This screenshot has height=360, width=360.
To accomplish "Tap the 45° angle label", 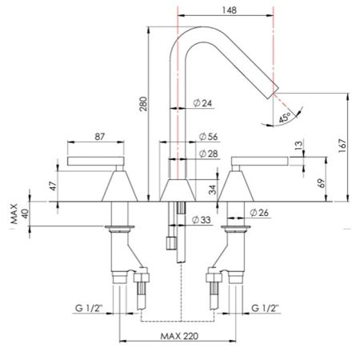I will [x=286, y=118].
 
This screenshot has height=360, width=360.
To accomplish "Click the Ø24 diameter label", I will [x=202, y=102].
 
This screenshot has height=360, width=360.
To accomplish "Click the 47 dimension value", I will [x=52, y=186].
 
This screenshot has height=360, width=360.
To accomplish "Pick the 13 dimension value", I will [x=298, y=146].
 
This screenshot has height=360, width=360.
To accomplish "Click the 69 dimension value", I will [x=320, y=183].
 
